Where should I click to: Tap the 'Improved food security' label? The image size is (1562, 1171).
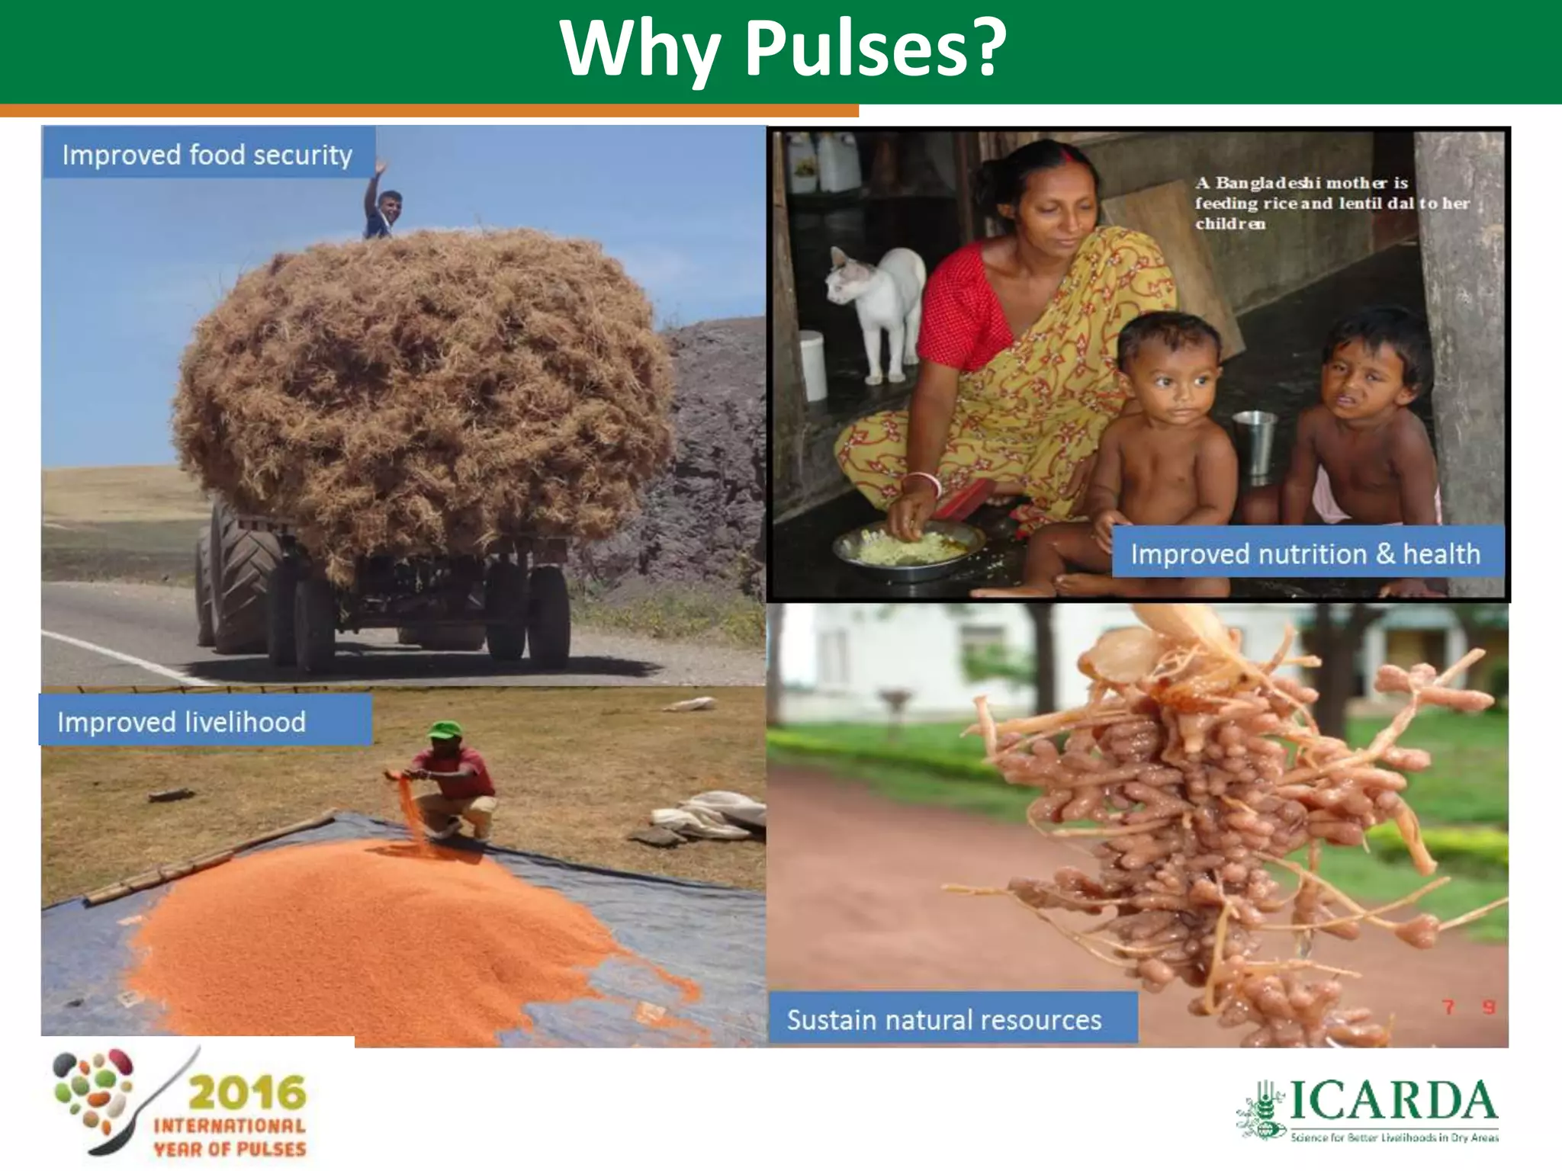point(207,155)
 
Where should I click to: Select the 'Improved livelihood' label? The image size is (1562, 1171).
point(182,721)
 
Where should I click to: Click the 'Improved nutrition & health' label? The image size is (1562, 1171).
point(1305,553)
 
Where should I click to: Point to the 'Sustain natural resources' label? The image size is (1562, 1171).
point(944,1019)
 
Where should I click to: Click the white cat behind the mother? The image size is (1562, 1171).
point(877,305)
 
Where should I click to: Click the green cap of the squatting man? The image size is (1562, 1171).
point(445,730)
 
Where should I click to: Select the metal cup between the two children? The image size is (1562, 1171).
point(1255,442)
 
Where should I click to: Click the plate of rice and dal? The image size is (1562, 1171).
point(908,545)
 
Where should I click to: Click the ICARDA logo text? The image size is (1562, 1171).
point(1392,1102)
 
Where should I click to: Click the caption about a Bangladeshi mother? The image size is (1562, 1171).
point(1331,203)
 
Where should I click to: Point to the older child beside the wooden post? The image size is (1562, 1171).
point(1365,427)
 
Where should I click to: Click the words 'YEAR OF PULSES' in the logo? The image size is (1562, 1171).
point(230,1149)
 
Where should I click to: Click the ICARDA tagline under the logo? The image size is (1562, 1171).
point(1394,1137)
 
